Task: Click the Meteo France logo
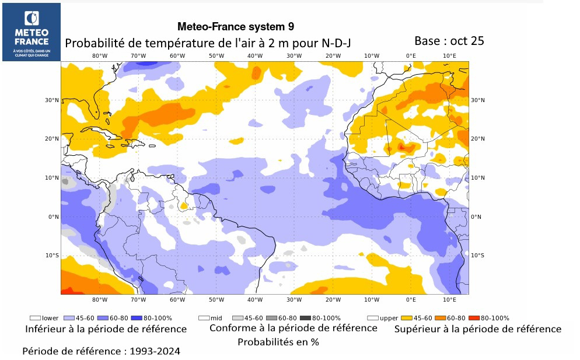[32, 32]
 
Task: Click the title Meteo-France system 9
[235, 27]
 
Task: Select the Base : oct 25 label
[449, 41]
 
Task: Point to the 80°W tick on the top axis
[100, 56]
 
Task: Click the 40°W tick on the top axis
[255, 56]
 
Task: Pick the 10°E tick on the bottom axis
[449, 300]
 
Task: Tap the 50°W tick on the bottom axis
[216, 300]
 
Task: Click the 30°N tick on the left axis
[53, 100]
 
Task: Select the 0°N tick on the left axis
[54, 216]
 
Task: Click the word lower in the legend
[50, 318]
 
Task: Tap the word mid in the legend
[216, 318]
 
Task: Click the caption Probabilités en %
[278, 342]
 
